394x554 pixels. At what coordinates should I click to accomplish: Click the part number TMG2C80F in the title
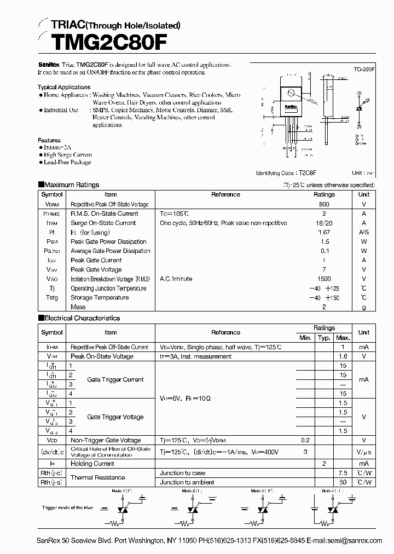pyautogui.click(x=97, y=42)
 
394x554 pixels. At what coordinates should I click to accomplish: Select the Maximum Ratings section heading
pyautogui.click(x=71, y=185)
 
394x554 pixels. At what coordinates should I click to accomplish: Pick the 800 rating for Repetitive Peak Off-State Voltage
pyautogui.click(x=324, y=204)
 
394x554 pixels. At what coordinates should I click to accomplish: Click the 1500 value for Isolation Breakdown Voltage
pyautogui.click(x=324, y=279)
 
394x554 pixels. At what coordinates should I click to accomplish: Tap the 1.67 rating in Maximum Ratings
pyautogui.click(x=324, y=232)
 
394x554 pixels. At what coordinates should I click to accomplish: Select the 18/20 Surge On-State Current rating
pyautogui.click(x=324, y=223)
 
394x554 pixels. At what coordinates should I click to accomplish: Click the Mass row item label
pyautogui.click(x=78, y=307)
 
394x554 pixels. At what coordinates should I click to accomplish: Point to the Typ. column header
pyautogui.click(x=324, y=338)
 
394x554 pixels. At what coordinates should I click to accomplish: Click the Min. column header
pyautogui.click(x=305, y=338)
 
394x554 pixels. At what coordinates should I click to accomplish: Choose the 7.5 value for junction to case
pyautogui.click(x=343, y=472)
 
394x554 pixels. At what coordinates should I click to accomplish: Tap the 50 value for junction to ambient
pyautogui.click(x=343, y=482)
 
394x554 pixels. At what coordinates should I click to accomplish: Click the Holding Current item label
pyautogui.click(x=92, y=463)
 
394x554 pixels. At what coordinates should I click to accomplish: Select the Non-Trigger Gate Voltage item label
pyautogui.click(x=106, y=440)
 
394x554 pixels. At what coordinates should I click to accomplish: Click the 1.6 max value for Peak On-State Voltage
pyautogui.click(x=343, y=356)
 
